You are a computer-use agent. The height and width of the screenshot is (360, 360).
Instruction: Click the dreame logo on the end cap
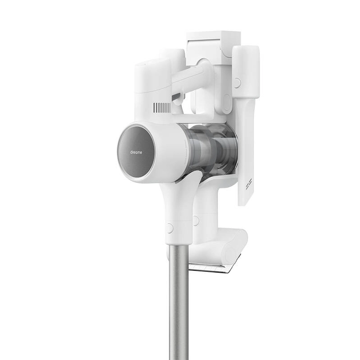point(136,152)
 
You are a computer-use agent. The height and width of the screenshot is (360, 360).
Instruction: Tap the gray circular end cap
point(136,153)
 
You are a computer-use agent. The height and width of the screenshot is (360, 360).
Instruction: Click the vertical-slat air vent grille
point(162,108)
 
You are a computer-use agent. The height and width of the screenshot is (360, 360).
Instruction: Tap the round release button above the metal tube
point(170,228)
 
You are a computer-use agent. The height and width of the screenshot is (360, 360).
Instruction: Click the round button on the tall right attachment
point(238,83)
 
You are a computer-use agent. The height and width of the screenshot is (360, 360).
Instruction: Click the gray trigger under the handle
point(178,98)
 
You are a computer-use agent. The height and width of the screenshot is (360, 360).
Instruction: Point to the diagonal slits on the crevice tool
point(249,184)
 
